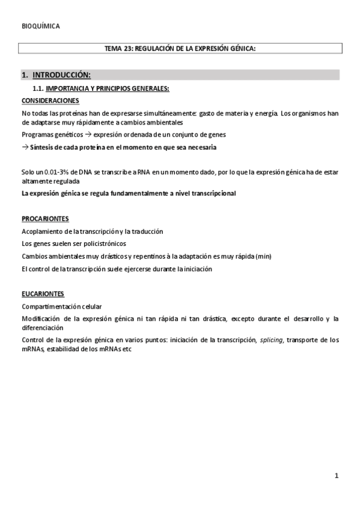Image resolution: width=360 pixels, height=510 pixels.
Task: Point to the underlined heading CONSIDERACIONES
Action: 50,100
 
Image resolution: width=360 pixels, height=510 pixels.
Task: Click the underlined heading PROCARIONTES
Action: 45,218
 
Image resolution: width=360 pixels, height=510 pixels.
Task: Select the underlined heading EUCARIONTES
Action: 43,293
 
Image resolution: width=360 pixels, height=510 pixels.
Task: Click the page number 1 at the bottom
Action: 337,476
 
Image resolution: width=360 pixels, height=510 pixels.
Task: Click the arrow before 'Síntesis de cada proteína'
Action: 25,147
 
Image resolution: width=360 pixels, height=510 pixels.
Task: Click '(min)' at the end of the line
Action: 263,256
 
